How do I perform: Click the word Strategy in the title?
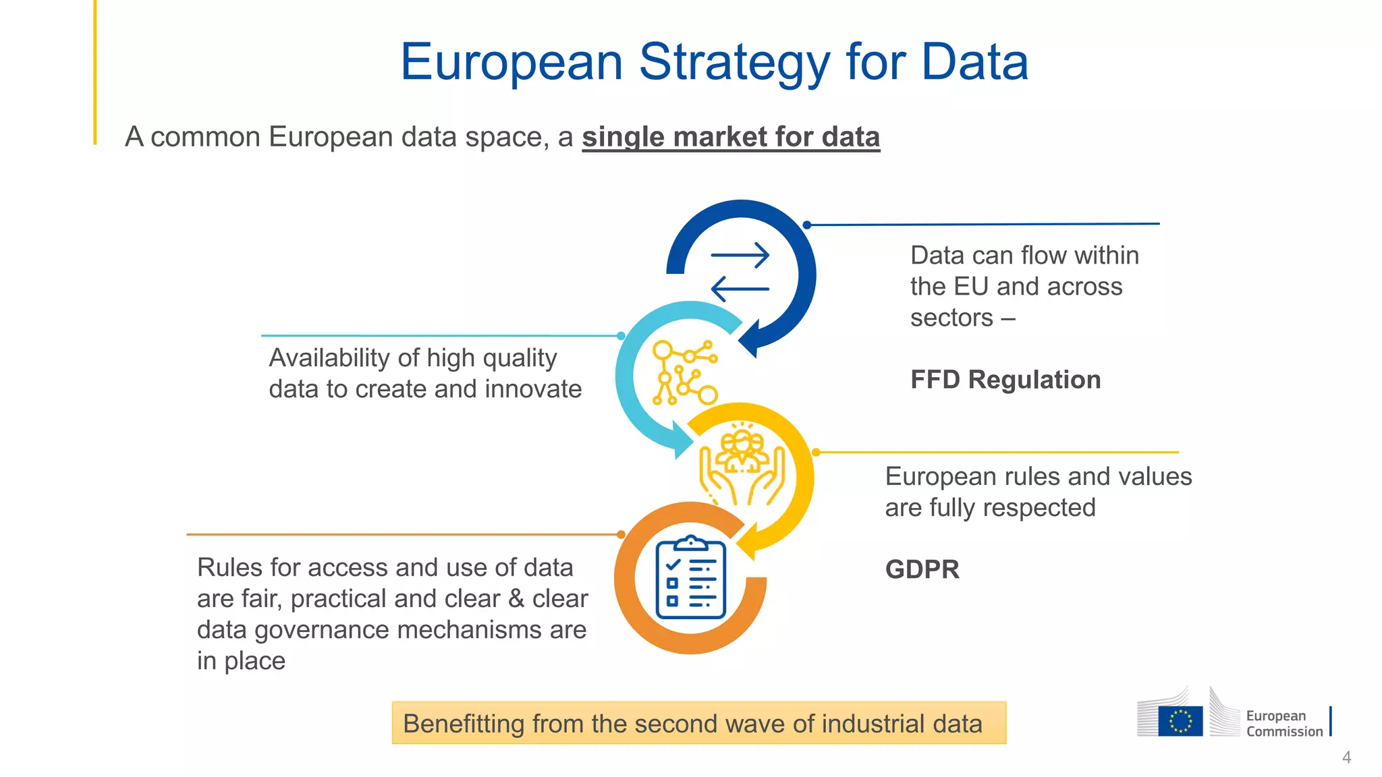click(x=735, y=63)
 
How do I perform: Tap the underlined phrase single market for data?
click(x=731, y=137)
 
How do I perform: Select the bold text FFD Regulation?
click(x=1005, y=380)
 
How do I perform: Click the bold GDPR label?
click(x=922, y=569)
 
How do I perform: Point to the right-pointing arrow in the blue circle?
click(x=740, y=256)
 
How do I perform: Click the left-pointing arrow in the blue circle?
click(x=740, y=289)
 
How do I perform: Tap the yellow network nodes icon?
click(x=684, y=372)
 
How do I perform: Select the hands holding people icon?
click(x=742, y=465)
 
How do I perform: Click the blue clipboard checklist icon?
click(x=690, y=579)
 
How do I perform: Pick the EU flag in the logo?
click(x=1180, y=720)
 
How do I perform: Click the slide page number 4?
click(x=1346, y=757)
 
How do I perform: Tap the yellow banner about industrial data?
click(x=698, y=723)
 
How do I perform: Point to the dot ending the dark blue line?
click(x=807, y=225)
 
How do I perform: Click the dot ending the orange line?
click(x=621, y=535)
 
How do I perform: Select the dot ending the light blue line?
click(x=621, y=335)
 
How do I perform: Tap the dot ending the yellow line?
click(x=816, y=453)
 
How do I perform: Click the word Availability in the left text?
click(x=327, y=358)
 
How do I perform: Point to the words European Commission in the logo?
click(x=1283, y=724)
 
